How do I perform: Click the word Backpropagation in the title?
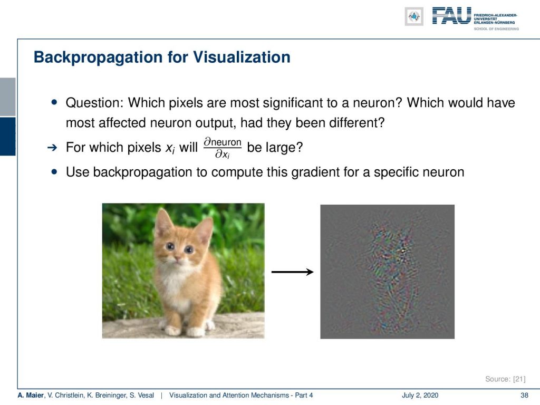(x=98, y=57)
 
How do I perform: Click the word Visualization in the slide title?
(x=242, y=57)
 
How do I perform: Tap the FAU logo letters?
(x=451, y=16)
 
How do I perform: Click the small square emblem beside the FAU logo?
(x=414, y=16)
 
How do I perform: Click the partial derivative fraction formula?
(x=223, y=148)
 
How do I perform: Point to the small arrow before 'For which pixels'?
(x=52, y=148)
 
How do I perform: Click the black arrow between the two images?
(x=292, y=272)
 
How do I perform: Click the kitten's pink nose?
(x=177, y=257)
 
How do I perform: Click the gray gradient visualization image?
(x=388, y=272)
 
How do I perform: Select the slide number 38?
(x=524, y=396)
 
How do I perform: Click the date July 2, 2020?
(x=420, y=396)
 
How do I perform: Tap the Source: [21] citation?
(x=505, y=379)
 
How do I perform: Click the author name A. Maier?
(x=31, y=396)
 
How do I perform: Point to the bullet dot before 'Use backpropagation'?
(x=54, y=171)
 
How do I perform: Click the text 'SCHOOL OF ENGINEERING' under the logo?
(x=496, y=29)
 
